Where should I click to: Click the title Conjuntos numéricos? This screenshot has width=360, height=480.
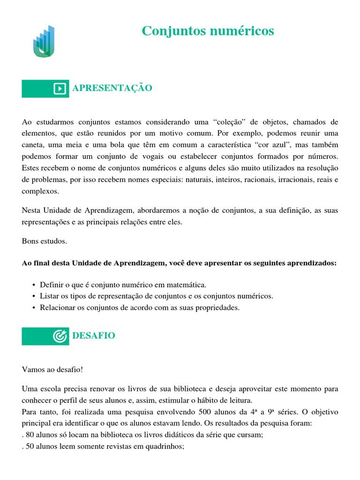[208, 31]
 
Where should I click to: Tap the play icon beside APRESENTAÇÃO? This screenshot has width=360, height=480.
[60, 89]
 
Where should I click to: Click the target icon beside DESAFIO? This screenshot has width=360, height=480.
[60, 336]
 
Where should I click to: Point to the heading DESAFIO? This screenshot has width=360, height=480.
[93, 336]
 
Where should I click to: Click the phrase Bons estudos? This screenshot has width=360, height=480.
[45, 241]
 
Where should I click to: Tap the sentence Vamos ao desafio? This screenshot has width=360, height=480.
[52, 369]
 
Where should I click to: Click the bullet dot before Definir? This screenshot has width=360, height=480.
[34, 285]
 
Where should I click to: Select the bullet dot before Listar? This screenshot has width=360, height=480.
[34, 296]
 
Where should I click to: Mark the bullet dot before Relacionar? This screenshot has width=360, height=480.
[34, 308]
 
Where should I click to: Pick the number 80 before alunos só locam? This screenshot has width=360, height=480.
[30, 435]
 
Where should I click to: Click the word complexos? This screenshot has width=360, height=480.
[40, 191]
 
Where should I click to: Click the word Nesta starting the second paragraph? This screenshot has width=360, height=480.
[32, 211]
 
